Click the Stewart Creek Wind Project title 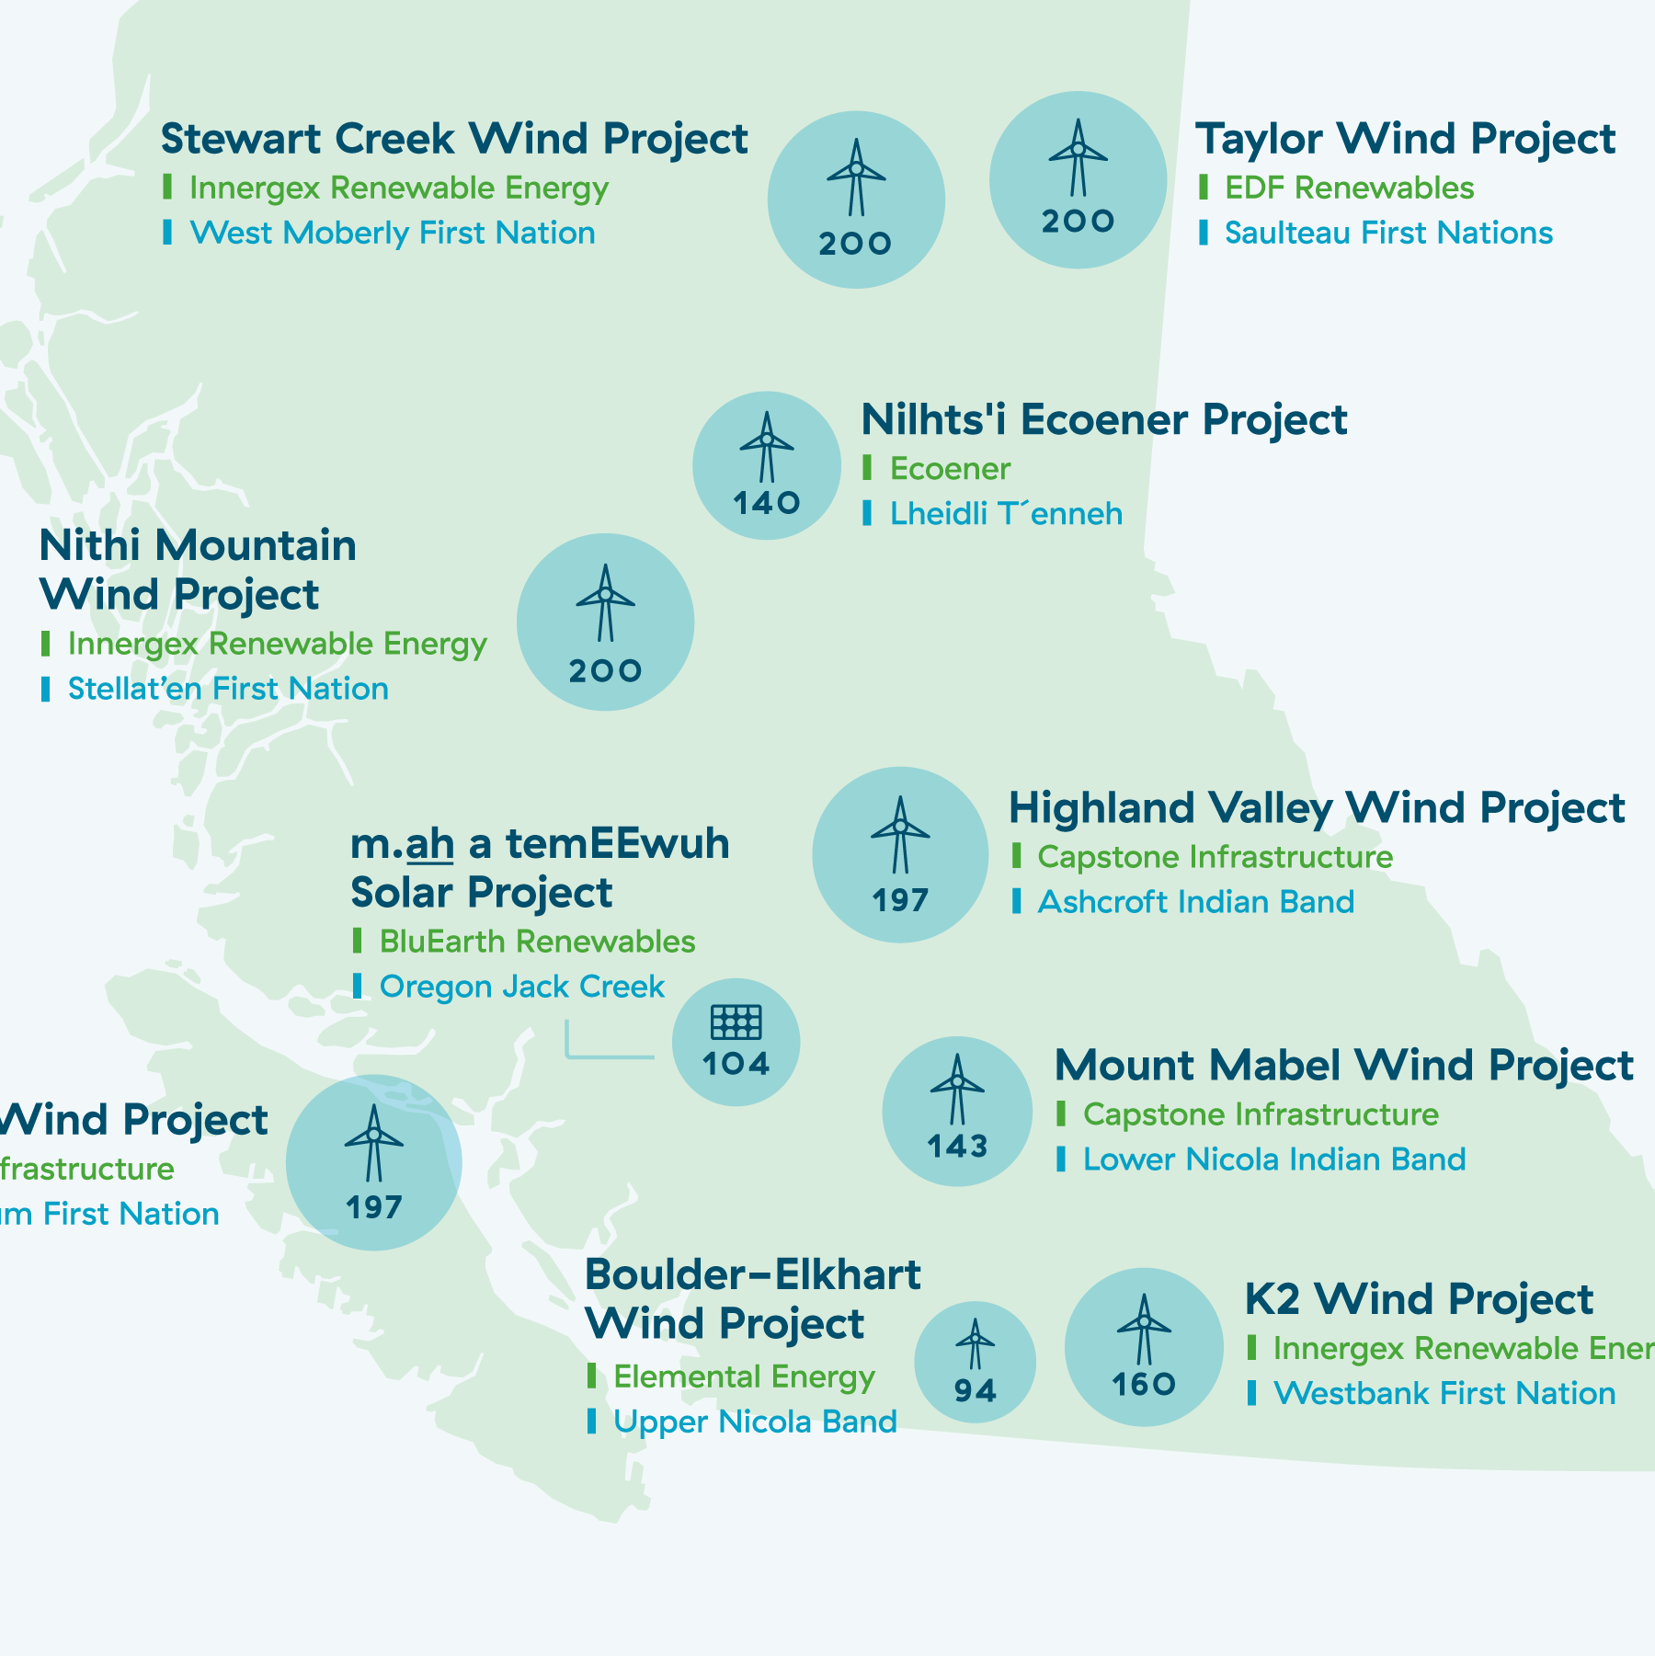(x=454, y=140)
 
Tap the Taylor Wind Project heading (x=1405, y=140)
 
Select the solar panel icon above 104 (x=736, y=1022)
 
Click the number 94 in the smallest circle (x=975, y=1390)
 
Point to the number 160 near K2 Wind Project (x=1144, y=1384)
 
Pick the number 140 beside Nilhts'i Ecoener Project (x=767, y=503)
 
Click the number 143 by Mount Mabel (x=957, y=1147)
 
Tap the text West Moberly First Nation (x=393, y=234)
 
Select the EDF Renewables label (x=1349, y=188)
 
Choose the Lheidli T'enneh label (x=1006, y=514)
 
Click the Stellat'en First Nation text (x=228, y=689)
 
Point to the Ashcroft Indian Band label (x=1195, y=902)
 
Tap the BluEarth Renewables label (x=537, y=942)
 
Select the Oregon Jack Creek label (x=521, y=987)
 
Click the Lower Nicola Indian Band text (x=1273, y=1159)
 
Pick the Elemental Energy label (x=744, y=1376)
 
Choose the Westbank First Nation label (x=1444, y=1394)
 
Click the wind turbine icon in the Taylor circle (x=1078, y=156)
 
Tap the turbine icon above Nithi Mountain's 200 (x=605, y=602)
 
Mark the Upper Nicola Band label (x=754, y=1422)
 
